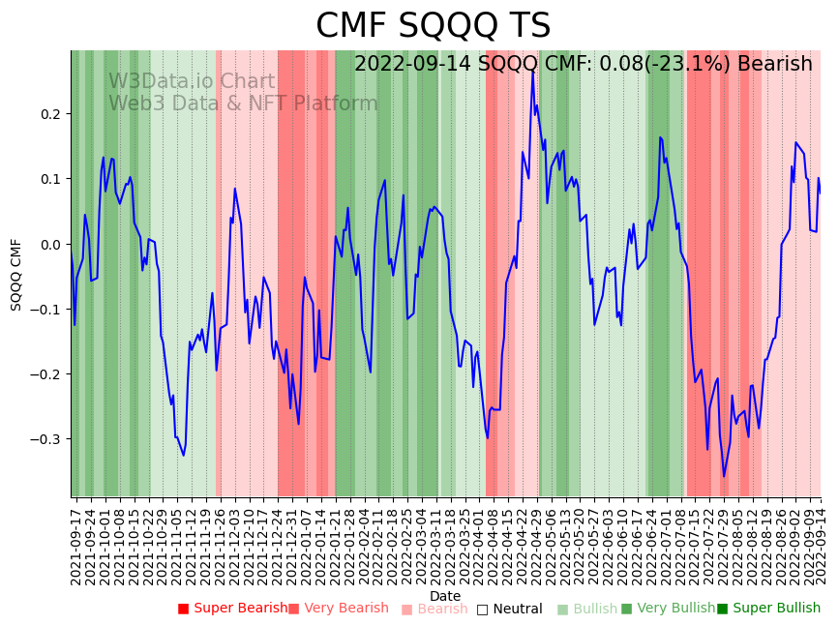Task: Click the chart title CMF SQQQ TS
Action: point(433,26)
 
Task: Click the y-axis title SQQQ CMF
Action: point(16,274)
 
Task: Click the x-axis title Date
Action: point(445,596)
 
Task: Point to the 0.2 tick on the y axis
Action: point(50,114)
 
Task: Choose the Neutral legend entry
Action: point(517,610)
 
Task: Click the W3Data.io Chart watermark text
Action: point(192,82)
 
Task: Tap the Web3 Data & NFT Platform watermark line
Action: point(243,104)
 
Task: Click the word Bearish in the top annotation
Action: point(774,64)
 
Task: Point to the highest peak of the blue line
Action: point(532,71)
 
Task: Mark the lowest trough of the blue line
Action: point(723,476)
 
